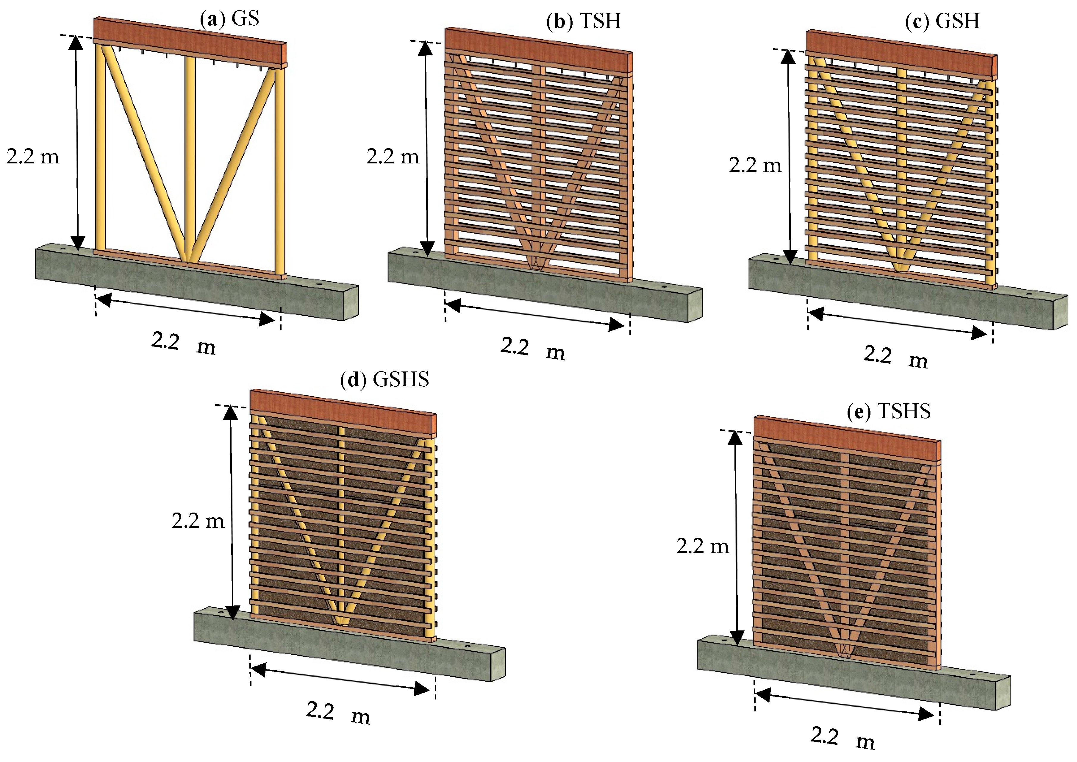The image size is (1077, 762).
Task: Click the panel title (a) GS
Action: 230,19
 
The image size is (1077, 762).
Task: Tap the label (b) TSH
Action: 584,21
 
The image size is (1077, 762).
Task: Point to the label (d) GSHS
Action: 384,379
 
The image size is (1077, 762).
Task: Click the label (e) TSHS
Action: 889,411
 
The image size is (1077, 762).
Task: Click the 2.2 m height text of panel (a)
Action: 33,156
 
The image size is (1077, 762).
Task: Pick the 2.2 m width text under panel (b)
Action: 532,349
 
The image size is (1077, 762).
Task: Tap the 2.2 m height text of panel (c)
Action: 755,165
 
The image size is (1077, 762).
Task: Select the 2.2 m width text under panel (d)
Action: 338,713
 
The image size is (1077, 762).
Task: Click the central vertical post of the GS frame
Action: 190,155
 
